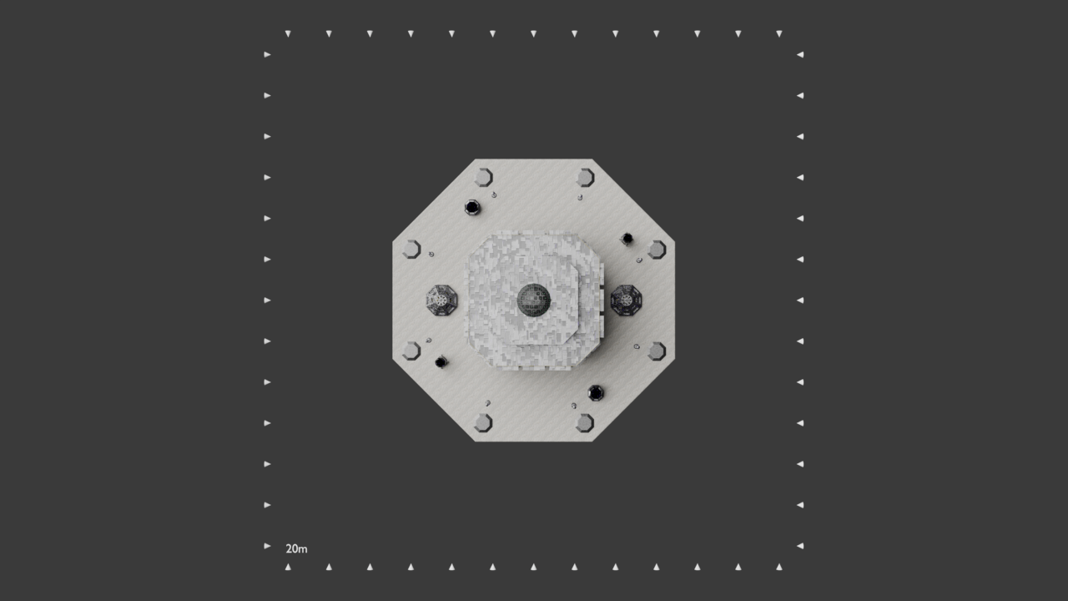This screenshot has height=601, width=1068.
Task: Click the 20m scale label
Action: point(296,549)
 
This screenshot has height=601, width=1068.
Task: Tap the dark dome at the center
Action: point(533,300)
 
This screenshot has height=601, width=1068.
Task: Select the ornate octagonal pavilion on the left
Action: point(441,300)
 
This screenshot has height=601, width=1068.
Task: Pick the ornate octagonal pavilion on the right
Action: point(626,300)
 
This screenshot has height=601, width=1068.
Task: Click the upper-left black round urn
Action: point(472,208)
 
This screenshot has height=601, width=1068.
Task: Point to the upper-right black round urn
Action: point(627,239)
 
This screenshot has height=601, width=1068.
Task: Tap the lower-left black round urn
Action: point(441,362)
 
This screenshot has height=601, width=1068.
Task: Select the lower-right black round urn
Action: point(596,393)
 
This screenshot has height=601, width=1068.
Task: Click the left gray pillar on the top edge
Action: point(483,178)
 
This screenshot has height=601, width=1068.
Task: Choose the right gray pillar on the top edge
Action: point(585,178)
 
